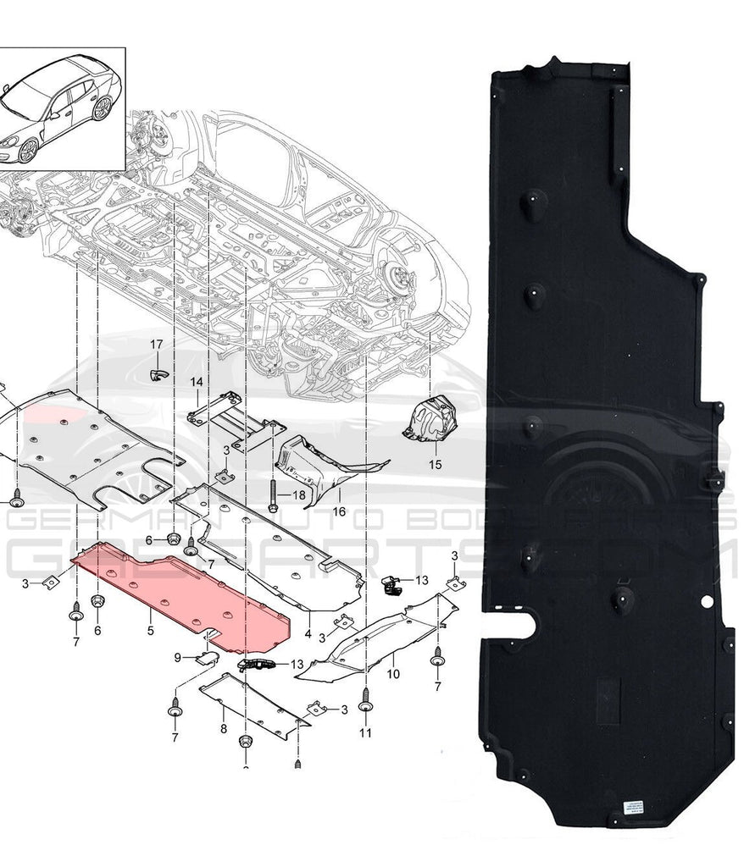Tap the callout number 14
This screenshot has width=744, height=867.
pos(196,382)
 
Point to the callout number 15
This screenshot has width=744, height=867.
pos(435,465)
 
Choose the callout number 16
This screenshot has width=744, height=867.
pos(338,511)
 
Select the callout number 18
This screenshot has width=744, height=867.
pos(299,494)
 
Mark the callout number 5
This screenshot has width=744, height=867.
pos(150,631)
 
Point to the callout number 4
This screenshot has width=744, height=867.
pos(308,633)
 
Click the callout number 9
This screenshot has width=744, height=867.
pos(178,657)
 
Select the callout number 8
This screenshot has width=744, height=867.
pos(222,727)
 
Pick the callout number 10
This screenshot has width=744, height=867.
pos(393,674)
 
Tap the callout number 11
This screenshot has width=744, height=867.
pos(365,733)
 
